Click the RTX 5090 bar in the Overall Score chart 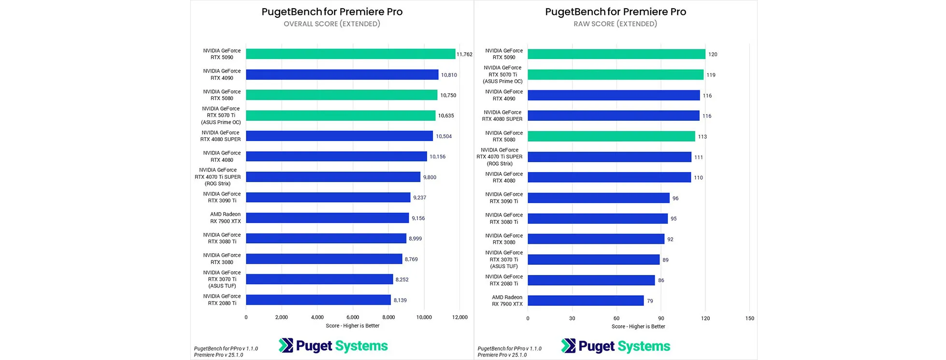pos(350,54)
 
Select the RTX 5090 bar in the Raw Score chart pos(616,54)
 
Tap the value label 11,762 pos(464,55)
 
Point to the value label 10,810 pos(449,75)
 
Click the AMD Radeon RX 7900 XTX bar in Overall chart pos(327,218)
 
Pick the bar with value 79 pos(586,301)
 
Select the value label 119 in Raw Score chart pos(711,75)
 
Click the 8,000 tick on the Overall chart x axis pos(388,317)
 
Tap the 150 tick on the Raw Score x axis pos(749,318)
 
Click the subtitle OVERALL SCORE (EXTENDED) pos(332,24)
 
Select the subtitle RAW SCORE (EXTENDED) pos(615,24)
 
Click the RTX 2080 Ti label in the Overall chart pos(222,300)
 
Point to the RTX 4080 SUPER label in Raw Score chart pos(502,115)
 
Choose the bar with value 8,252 pos(319,279)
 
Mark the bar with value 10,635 pos(341,115)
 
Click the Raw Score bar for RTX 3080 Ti pos(598,218)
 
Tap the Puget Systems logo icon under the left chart pos(286,346)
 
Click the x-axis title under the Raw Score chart pos(638,327)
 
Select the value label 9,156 pos(418,218)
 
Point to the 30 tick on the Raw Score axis pos(572,318)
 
